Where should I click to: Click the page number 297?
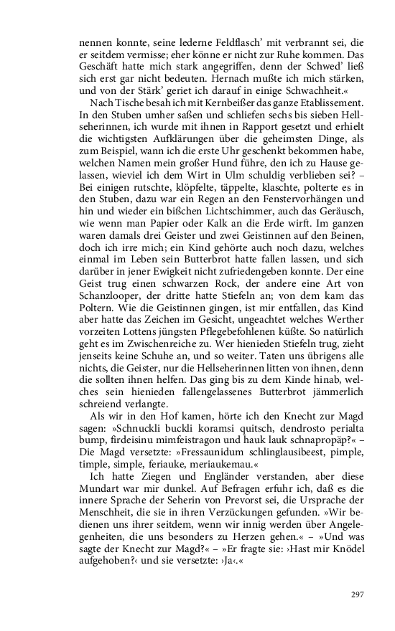coord(358,594)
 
